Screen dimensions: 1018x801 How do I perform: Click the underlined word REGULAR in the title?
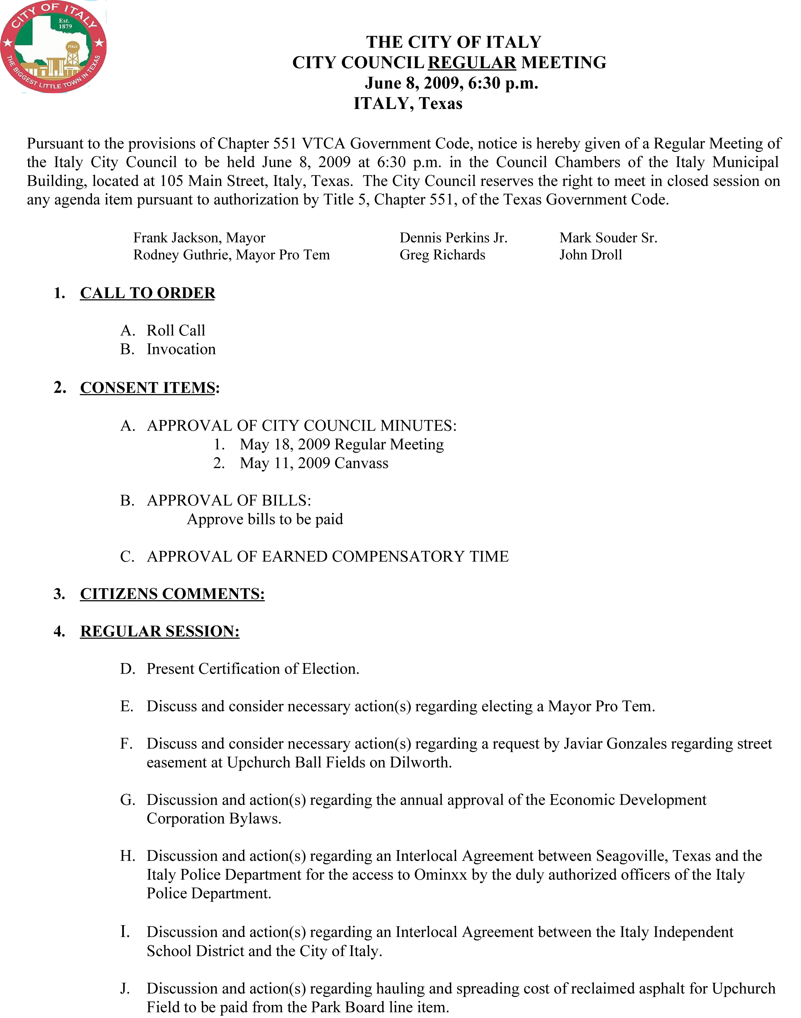coord(472,63)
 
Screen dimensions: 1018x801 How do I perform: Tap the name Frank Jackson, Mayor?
coord(199,238)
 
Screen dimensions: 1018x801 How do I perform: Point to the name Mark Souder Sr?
coord(608,238)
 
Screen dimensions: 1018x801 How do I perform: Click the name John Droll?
coord(590,255)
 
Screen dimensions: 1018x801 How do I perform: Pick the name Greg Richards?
coord(442,255)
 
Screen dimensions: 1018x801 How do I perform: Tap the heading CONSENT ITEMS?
coord(148,388)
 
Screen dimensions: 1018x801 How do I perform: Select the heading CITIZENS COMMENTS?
coord(172,594)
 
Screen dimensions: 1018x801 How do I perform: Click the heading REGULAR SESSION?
coord(160,631)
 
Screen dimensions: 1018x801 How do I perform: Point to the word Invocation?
coord(181,349)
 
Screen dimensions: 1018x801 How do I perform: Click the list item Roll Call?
coord(176,330)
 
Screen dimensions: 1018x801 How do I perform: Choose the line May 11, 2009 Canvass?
coord(314,463)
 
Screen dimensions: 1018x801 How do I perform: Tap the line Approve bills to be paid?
coord(265,519)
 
